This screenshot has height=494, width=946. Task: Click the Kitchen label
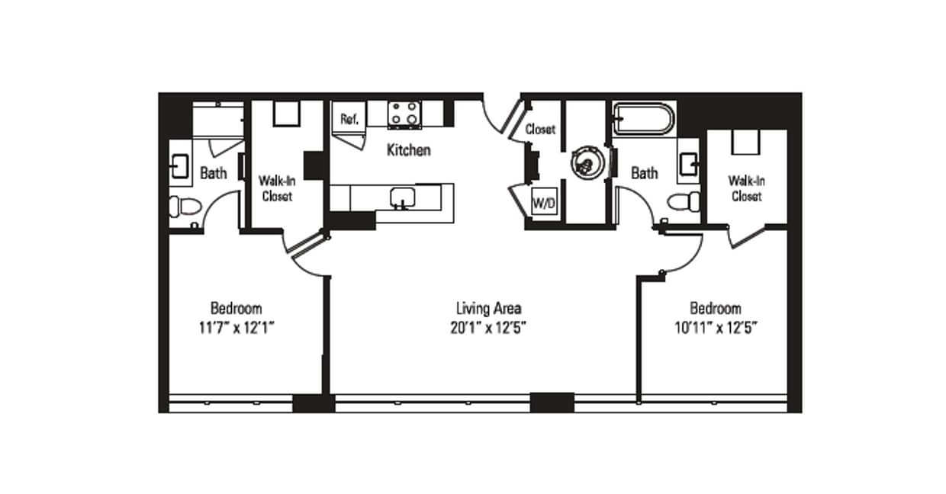[x=408, y=150]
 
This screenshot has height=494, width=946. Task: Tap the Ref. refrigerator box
[x=349, y=118]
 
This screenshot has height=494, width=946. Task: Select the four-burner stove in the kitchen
[x=404, y=114]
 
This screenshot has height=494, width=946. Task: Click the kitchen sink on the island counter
[x=402, y=197]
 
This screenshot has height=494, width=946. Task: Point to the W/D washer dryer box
[x=542, y=204]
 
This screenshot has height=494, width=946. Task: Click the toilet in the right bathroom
[x=684, y=202]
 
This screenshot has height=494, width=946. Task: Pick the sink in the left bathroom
[x=179, y=165]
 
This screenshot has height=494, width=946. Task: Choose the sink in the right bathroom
[x=689, y=162]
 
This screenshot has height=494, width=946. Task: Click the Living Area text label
[x=488, y=309]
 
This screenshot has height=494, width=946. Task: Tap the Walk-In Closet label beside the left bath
[x=277, y=188]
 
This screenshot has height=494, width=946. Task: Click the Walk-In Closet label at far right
[x=745, y=188]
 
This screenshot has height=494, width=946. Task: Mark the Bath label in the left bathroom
[x=214, y=173]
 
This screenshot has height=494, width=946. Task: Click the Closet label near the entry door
[x=540, y=130]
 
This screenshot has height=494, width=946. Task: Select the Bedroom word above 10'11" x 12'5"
[x=715, y=309]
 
